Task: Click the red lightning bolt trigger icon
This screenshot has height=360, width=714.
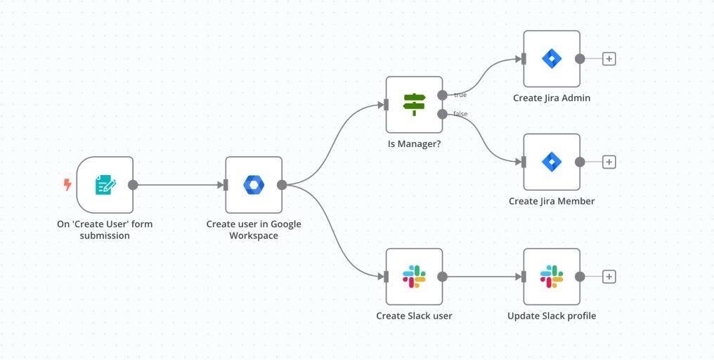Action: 67,185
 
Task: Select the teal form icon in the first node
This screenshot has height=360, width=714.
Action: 105,185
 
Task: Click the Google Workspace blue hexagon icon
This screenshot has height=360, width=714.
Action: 254,185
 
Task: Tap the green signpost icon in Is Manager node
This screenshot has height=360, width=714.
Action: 414,105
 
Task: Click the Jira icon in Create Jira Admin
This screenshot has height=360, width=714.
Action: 552,58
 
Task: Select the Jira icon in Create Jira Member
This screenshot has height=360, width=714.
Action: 552,162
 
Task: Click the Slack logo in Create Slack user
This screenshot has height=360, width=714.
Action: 414,276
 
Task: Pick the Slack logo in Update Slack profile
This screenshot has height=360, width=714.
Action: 552,276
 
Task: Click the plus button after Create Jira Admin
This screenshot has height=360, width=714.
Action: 609,58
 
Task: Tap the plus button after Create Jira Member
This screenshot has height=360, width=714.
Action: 609,162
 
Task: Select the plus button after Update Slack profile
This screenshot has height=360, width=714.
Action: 609,276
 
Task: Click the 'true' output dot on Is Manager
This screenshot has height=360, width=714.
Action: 442,95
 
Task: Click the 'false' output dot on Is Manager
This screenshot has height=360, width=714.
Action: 442,114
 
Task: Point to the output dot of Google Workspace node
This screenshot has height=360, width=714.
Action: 282,185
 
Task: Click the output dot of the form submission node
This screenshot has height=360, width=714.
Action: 133,185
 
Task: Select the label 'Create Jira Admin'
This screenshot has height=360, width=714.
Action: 552,98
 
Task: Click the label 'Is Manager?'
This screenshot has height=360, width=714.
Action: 414,144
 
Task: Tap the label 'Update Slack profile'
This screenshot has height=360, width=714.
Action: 552,316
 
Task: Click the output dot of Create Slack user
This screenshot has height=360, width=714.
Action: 442,276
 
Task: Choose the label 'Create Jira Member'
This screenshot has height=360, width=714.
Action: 552,201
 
